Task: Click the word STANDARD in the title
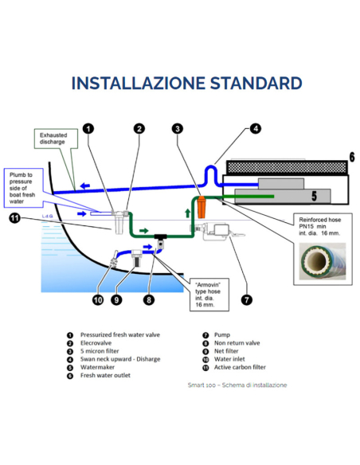256,83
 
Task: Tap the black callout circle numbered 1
88,129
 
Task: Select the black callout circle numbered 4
256,129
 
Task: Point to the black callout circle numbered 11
15,218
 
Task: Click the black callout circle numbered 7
247,300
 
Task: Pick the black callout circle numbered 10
98,300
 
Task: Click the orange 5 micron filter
202,207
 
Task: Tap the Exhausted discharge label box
56,139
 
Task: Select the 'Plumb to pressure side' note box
23,188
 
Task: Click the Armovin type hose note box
209,295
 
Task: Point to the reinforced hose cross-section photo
323,261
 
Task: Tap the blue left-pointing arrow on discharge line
85,186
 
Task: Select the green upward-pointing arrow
187,213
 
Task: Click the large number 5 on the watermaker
315,196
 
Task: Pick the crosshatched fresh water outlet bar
287,167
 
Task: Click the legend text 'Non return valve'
237,343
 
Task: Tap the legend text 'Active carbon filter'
240,367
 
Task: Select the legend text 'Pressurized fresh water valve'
120,334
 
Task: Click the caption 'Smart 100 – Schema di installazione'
237,385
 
